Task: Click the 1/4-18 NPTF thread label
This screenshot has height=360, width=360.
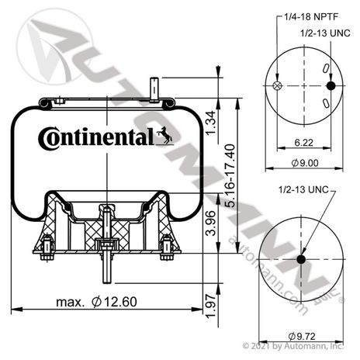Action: pyautogui.click(x=311, y=17)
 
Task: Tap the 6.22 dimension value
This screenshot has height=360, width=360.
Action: pyautogui.click(x=303, y=143)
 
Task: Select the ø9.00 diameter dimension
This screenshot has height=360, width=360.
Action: pyautogui.click(x=305, y=163)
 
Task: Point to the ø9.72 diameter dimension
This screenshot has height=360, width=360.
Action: pyautogui.click(x=302, y=336)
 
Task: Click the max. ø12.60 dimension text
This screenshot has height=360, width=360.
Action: pyautogui.click(x=96, y=302)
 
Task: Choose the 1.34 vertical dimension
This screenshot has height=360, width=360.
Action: pyautogui.click(x=210, y=123)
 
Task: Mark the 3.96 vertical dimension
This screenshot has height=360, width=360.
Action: pyautogui.click(x=210, y=223)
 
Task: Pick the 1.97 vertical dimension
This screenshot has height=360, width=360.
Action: pyautogui.click(x=210, y=306)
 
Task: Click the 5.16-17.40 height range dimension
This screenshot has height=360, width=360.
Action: pyautogui.click(x=230, y=176)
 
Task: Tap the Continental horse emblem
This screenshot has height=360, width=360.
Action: pyautogui.click(x=164, y=135)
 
